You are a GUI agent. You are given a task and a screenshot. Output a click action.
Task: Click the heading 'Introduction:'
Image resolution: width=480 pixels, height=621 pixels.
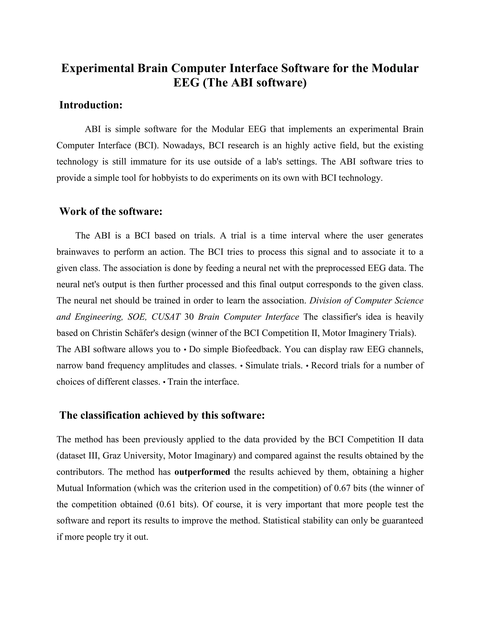coord(91,105)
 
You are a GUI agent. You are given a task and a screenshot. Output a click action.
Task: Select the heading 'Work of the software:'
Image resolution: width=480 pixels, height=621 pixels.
coord(111,212)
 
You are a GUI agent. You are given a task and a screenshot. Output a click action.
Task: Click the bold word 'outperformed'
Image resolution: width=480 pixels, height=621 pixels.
coord(202,472)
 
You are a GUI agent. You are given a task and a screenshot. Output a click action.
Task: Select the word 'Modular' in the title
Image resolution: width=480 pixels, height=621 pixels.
coord(395,68)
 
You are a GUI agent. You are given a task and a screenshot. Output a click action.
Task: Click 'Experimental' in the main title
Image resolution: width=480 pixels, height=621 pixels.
coord(97,68)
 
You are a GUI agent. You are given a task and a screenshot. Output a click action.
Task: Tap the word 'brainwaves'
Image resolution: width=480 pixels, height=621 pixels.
coord(78,252)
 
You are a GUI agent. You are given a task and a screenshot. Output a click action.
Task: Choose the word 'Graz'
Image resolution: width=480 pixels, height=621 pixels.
coord(109,456)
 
